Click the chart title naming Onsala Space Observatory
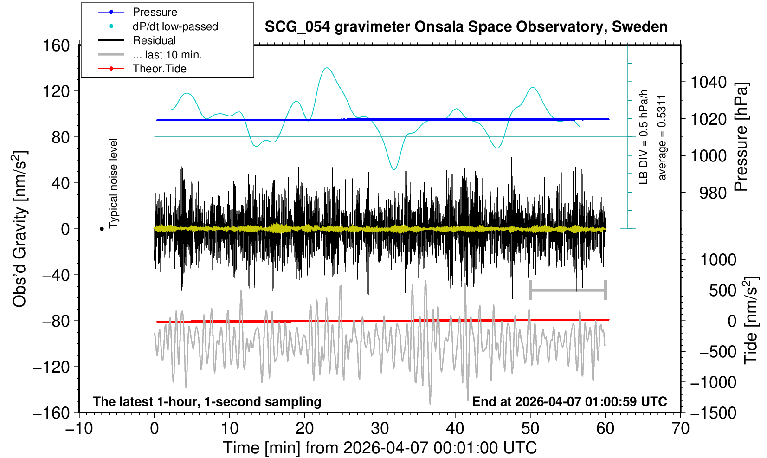[x=466, y=27]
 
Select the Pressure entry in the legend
[x=155, y=12]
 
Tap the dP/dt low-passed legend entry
[x=175, y=26]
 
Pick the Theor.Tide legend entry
[x=159, y=69]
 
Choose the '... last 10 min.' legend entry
[x=167, y=55]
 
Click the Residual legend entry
[x=154, y=40]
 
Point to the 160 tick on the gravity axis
[x=56, y=45]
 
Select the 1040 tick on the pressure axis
[x=709, y=83]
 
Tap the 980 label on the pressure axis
[x=713, y=193]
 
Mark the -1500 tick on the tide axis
[x=713, y=413]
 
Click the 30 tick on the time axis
[x=380, y=428]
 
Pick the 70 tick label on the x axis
[x=680, y=428]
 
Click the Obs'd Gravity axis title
[x=20, y=229]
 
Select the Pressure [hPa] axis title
[x=741, y=137]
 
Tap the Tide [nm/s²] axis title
[x=751, y=320]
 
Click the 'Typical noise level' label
[x=113, y=183]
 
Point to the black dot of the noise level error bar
[x=102, y=229]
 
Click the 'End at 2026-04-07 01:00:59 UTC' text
[x=569, y=401]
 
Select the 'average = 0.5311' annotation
[x=662, y=137]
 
